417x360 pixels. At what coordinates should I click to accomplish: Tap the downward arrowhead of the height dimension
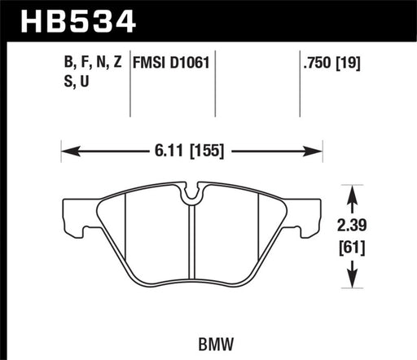[351, 283]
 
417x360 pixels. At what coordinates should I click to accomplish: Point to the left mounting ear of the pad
[74, 217]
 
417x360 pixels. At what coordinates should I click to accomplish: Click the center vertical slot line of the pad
[189, 244]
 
